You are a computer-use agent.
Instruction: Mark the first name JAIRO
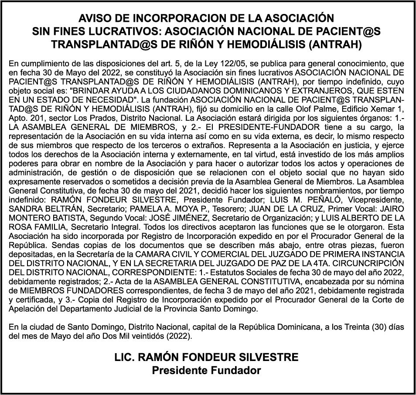tap(392, 208)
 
